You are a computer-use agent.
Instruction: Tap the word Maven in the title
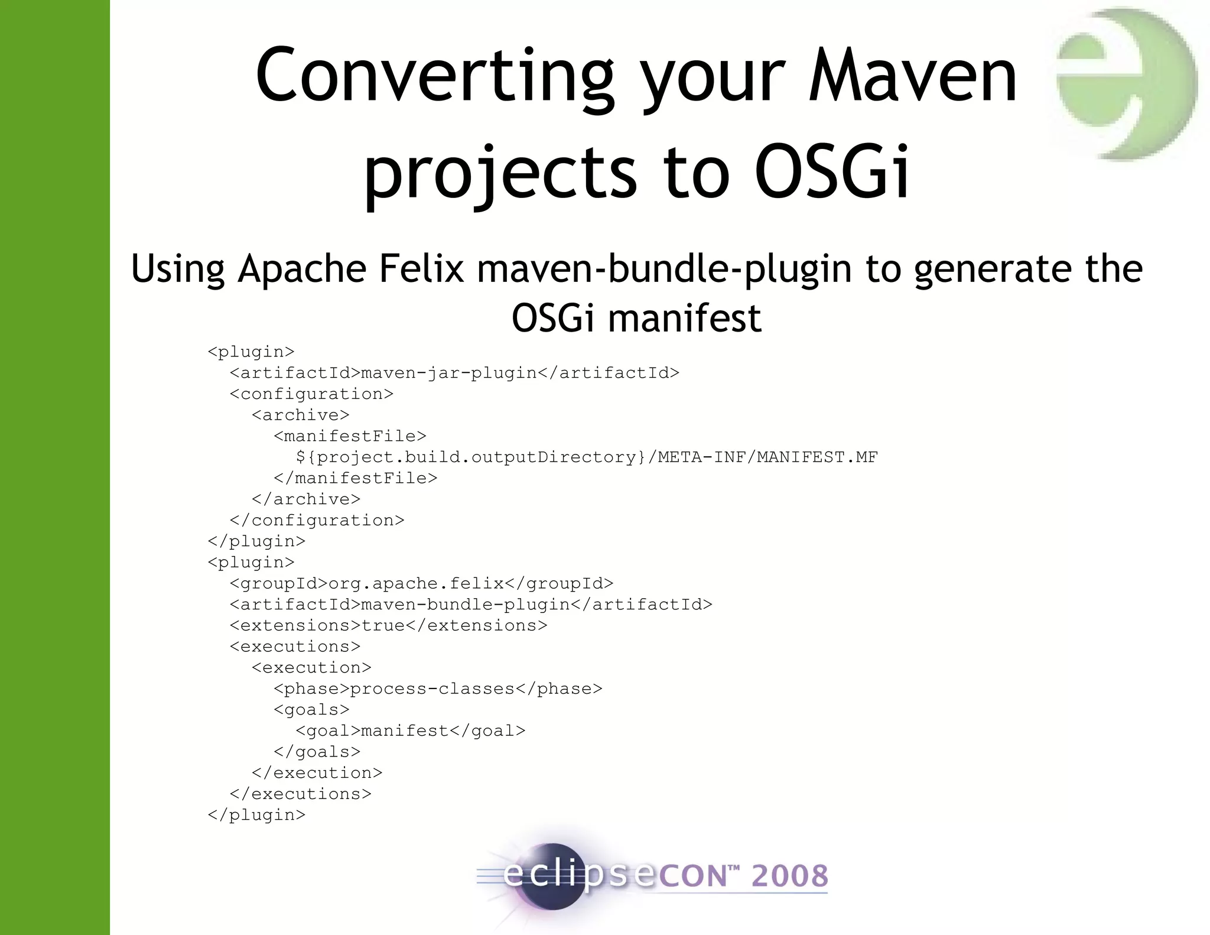pos(913,77)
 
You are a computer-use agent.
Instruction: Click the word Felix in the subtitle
pos(421,269)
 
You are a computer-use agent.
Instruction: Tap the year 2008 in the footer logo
pos(789,876)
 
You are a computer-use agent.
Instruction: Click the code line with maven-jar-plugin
pos(454,373)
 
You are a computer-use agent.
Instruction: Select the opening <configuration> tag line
pos(311,394)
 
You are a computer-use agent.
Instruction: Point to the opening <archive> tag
pos(301,415)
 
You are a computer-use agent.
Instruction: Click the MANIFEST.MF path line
pos(587,457)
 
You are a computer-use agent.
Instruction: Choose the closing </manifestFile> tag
pos(356,478)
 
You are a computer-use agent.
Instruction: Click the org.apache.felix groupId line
pos(421,584)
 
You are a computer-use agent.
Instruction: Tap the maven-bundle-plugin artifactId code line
pos(471,605)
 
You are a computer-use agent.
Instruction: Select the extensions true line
pos(389,626)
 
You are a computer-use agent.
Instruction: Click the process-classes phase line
pos(438,689)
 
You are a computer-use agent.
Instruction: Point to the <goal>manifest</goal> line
pos(410,731)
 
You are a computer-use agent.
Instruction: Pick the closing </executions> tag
pos(301,794)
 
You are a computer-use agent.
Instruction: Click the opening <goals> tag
pos(311,710)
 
